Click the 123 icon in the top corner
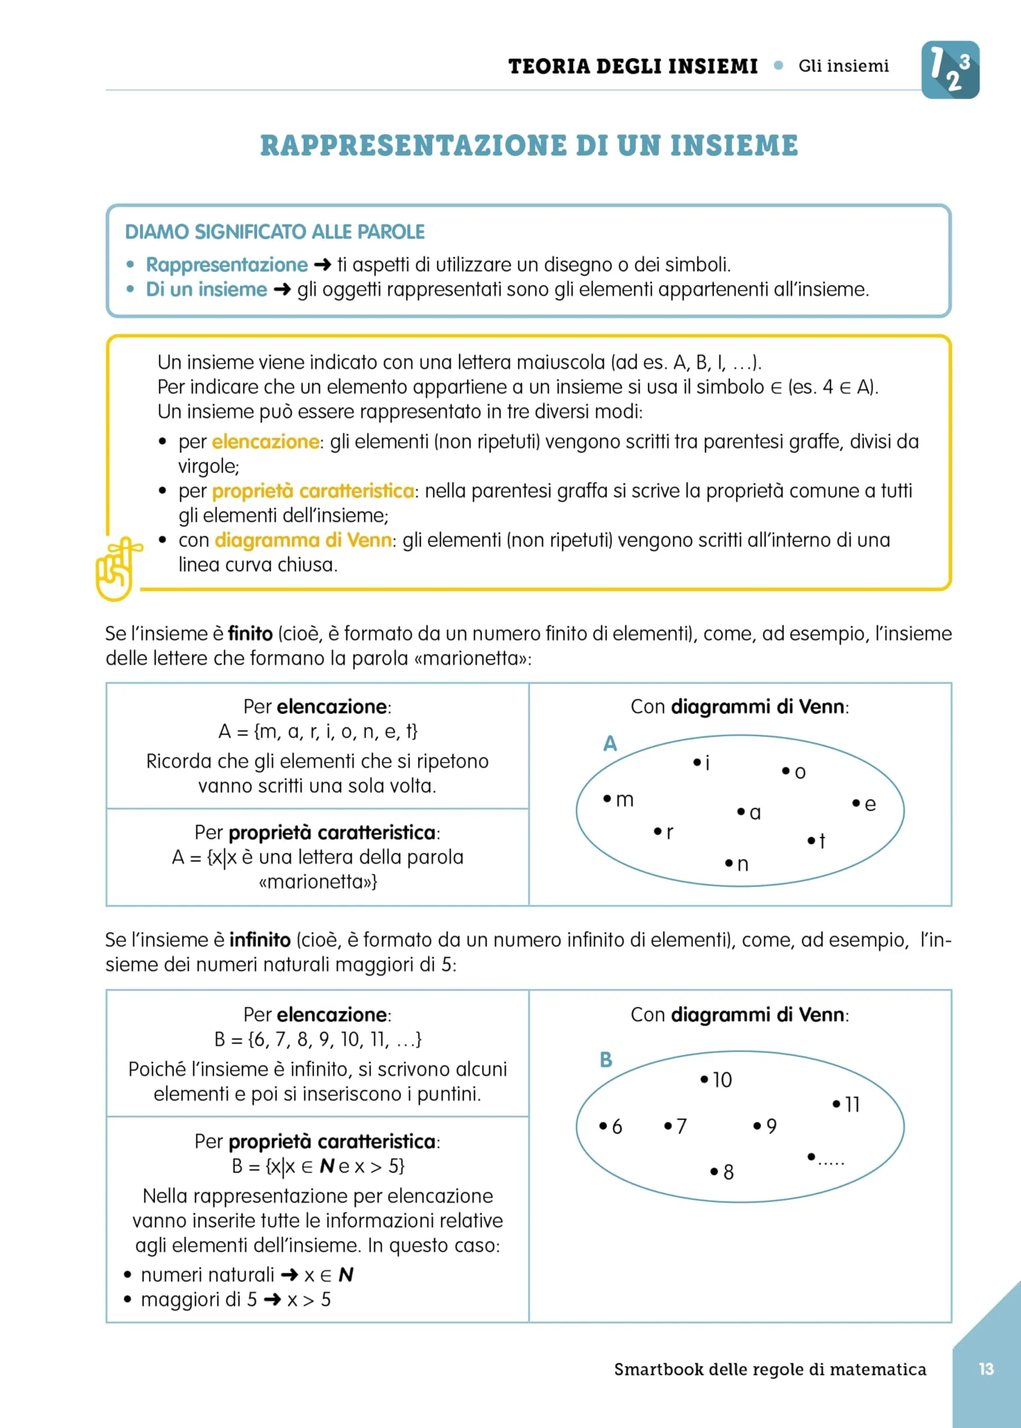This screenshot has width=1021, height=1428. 950,70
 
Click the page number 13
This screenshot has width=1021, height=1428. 986,1368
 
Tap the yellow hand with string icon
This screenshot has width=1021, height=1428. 116,569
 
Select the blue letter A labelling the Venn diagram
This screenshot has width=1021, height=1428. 610,744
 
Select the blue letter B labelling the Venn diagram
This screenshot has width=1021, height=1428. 605,1060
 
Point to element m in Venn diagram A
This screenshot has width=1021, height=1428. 624,799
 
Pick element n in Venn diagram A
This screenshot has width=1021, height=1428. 742,864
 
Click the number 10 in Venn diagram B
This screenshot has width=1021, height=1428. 722,1080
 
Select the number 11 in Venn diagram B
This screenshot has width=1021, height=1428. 852,1104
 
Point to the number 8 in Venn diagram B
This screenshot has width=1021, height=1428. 728,1172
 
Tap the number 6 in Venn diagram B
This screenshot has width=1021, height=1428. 616,1126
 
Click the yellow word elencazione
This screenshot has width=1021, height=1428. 266,442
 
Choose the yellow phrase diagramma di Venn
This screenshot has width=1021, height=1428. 303,541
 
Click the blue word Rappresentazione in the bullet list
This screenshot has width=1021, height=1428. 227,264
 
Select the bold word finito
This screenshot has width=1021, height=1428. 250,634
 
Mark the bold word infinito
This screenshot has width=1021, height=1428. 259,940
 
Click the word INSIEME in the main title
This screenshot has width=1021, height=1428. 734,145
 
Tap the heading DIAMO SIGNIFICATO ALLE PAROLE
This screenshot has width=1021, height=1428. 274,232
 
